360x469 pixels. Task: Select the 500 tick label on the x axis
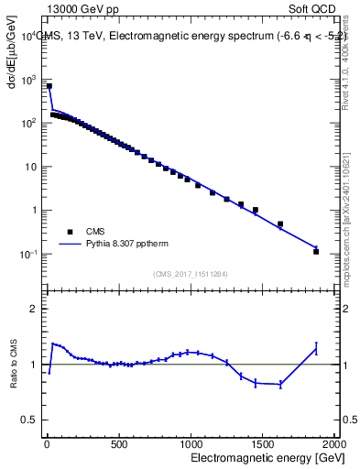click(x=118, y=444)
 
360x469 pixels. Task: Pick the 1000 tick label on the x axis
click(x=191, y=444)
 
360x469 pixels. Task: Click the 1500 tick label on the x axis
click(x=263, y=444)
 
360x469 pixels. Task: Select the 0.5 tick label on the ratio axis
click(x=30, y=420)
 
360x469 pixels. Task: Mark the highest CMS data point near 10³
click(x=49, y=87)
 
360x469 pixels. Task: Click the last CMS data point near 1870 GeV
click(x=316, y=251)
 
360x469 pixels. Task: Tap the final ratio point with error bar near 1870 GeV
click(x=316, y=347)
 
